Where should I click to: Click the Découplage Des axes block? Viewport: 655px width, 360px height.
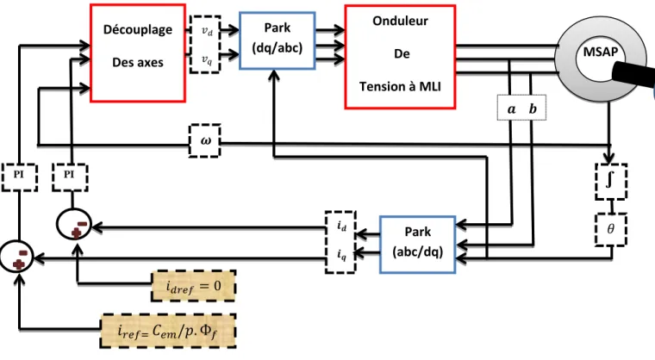[138, 53]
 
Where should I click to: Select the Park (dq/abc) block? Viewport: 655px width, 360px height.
[277, 40]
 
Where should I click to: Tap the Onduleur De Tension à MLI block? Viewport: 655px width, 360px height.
[400, 57]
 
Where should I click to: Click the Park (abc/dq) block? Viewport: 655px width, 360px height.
[417, 245]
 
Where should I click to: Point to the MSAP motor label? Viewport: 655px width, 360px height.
[601, 52]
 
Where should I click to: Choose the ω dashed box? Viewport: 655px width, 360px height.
[205, 140]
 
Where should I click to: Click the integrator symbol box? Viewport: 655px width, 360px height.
[611, 181]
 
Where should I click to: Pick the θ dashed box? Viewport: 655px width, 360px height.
[611, 229]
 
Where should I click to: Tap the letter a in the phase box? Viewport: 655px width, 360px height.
[511, 109]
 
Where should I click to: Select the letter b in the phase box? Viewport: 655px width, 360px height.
[533, 109]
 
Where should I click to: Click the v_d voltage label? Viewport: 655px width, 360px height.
[207, 31]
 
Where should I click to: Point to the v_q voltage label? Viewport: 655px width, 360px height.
[207, 59]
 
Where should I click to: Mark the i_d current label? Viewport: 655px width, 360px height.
[341, 226]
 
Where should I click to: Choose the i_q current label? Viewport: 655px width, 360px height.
[341, 254]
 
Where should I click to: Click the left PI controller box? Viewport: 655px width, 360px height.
[19, 177]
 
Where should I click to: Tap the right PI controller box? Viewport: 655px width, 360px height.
[70, 177]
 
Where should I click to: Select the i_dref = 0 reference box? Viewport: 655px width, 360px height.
[193, 286]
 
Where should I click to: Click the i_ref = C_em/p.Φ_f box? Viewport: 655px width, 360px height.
[168, 332]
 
